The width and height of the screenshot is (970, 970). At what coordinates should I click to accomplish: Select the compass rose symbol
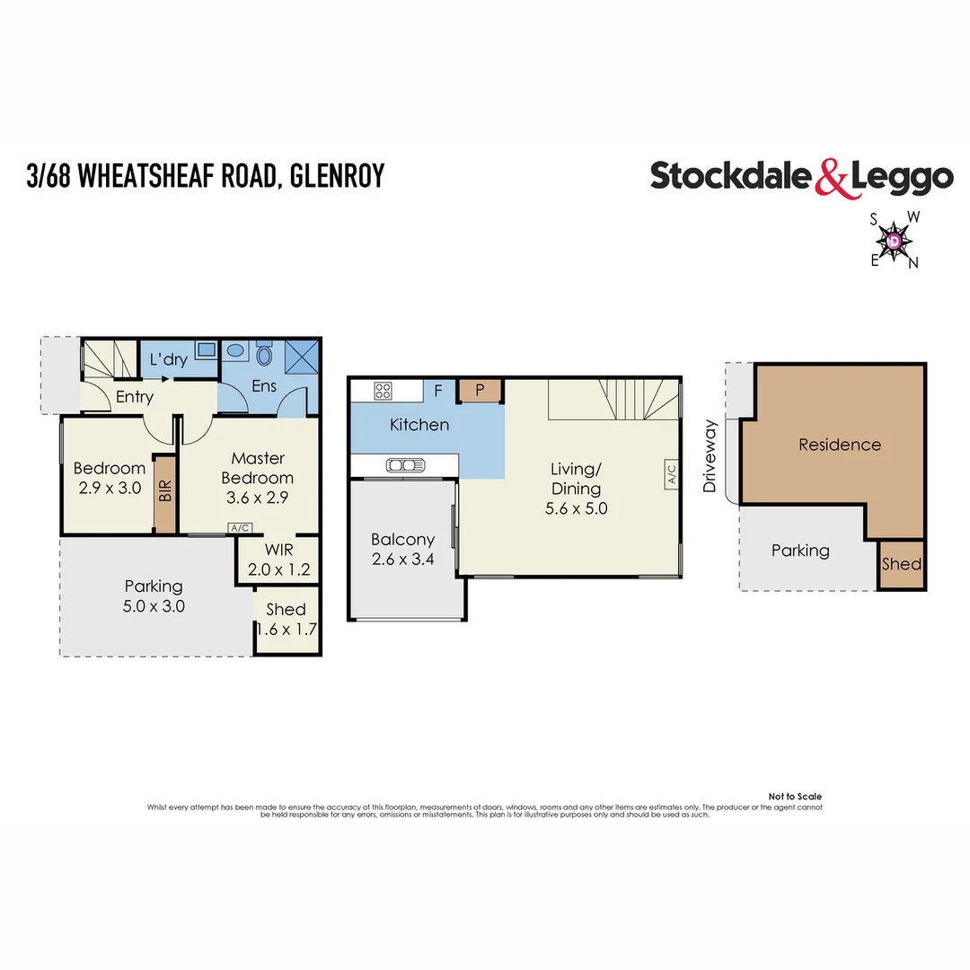(894, 241)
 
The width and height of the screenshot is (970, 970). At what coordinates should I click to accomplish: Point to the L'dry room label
(168, 360)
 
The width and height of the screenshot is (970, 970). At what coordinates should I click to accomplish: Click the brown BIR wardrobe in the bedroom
(165, 494)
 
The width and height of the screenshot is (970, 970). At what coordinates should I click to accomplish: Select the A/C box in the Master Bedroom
(240, 529)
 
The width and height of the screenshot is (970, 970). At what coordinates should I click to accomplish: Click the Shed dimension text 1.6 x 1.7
(287, 629)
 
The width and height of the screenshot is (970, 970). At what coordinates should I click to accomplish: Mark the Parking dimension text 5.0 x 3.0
(154, 606)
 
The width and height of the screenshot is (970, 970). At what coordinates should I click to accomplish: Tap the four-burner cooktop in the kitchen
(383, 391)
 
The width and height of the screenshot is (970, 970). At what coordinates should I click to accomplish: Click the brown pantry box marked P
(480, 390)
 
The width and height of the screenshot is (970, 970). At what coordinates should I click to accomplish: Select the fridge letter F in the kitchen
(438, 392)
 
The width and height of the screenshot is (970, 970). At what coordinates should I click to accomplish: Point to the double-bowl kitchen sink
(406, 464)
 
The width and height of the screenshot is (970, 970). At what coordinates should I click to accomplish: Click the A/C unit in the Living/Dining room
(671, 474)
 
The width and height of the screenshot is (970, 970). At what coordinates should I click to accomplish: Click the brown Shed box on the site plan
(901, 565)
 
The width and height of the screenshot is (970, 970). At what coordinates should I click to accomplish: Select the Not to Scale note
(795, 797)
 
